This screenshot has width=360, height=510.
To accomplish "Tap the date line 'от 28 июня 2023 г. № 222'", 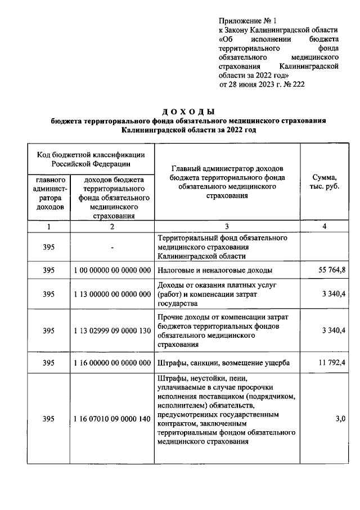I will pos(262,84).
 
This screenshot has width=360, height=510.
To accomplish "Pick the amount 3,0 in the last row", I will pos(340,419).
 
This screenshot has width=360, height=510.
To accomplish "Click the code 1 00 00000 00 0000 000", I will pos(112,270).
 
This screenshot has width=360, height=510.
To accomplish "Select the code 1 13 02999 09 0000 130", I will pos(112,331).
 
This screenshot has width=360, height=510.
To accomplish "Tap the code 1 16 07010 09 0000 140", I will pos(112,419).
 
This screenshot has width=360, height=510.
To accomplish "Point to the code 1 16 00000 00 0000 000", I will pos(112,363).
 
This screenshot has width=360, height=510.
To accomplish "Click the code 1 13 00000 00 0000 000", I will pos(112,294).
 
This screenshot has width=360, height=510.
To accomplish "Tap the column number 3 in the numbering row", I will pos(227,226).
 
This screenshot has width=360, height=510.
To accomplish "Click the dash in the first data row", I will pos(112,247).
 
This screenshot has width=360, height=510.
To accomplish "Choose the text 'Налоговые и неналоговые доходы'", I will pos(215,270).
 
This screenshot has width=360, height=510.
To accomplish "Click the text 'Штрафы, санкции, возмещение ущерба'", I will pos(224,363).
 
